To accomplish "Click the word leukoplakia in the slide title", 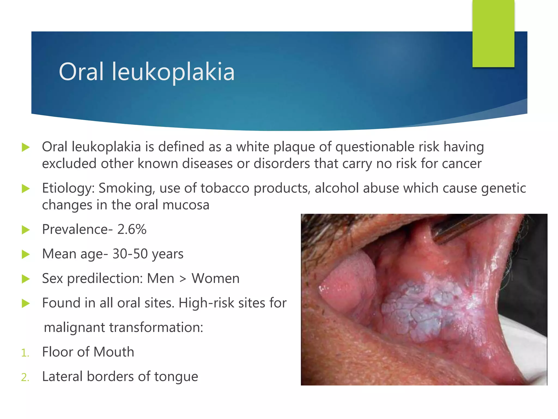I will (173, 72).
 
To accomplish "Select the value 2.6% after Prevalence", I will (132, 229).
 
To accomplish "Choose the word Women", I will (216, 279).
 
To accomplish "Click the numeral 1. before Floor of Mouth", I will (25, 353).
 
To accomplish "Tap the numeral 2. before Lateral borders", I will (25, 378).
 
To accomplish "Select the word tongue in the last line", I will (176, 377).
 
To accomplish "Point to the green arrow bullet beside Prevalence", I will (26, 230).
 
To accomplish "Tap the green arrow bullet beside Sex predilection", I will (26, 279).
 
